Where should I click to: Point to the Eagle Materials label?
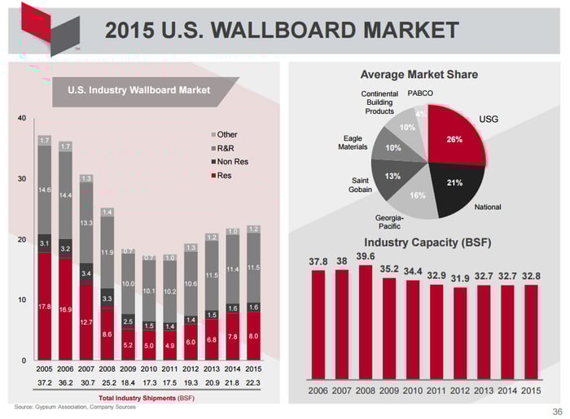pos(354,143)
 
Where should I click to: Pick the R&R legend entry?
pos(226,148)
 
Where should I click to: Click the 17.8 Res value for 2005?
pos(45,307)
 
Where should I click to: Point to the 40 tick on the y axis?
pos(22,119)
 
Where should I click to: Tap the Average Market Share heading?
pos(419,74)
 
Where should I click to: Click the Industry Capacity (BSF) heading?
pos(427,242)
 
